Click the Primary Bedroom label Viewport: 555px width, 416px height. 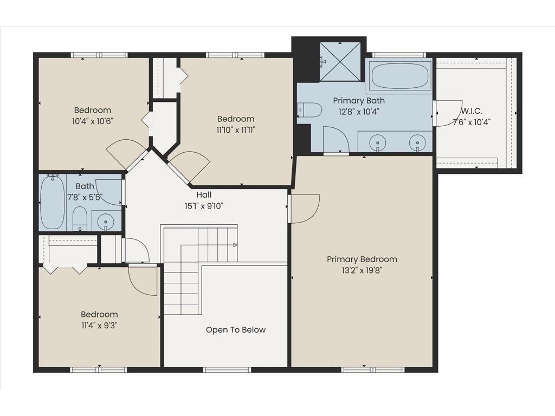[x=362, y=259]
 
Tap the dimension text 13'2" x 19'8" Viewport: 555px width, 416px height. [x=362, y=271]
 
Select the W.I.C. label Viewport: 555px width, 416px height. [x=472, y=111]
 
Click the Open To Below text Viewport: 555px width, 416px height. [x=236, y=330]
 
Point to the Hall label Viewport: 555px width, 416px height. [x=204, y=194]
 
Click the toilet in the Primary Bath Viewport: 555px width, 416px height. [x=309, y=109]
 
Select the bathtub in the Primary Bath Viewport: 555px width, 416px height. [x=400, y=76]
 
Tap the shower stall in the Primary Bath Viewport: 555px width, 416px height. [x=340, y=62]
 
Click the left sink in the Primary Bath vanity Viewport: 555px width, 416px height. [x=378, y=143]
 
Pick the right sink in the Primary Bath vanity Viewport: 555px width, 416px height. [x=417, y=143]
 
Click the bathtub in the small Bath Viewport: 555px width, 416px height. [x=53, y=202]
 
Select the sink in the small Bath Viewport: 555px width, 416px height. [x=106, y=222]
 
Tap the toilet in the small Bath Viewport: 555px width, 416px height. [x=80, y=219]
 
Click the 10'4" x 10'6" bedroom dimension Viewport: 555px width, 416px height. [x=93, y=121]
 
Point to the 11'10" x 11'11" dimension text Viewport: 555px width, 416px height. [x=236, y=130]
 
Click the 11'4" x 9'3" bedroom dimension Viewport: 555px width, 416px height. [x=99, y=326]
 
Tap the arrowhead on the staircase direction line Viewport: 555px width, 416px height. [x=235, y=245]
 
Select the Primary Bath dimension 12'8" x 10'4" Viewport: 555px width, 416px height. [x=359, y=112]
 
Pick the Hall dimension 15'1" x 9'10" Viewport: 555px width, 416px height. [x=204, y=206]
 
